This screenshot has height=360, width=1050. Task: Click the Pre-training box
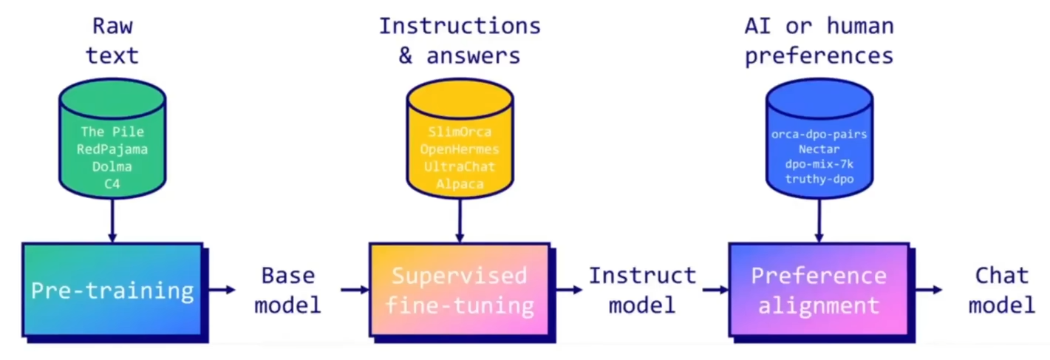click(x=112, y=290)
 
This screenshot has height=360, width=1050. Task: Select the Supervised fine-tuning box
click(x=459, y=290)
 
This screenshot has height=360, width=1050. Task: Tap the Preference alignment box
click(x=819, y=290)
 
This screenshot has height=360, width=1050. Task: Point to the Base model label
click(x=287, y=290)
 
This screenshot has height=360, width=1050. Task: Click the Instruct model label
click(x=642, y=290)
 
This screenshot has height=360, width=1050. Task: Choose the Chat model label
click(x=1001, y=290)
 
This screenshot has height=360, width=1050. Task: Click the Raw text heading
click(x=112, y=41)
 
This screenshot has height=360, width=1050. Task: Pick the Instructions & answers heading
click(x=460, y=41)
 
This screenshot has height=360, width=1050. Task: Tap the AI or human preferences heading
click(x=819, y=41)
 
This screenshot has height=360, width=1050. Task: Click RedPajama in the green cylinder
click(x=112, y=149)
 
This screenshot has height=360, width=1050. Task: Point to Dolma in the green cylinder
click(x=112, y=166)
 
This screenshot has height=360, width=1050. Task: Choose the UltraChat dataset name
click(x=459, y=166)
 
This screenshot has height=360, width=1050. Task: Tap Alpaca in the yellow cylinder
click(x=459, y=183)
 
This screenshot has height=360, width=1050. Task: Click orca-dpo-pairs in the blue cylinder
click(x=819, y=134)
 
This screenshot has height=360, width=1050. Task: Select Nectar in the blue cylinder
click(x=819, y=149)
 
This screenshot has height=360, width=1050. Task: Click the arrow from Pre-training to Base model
click(x=221, y=290)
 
